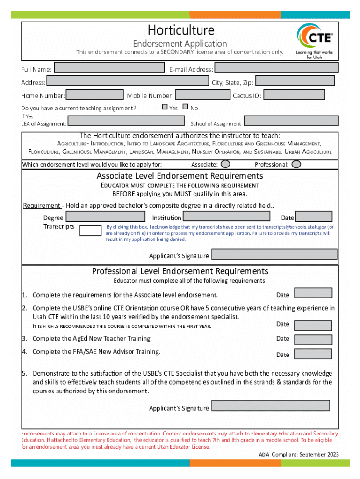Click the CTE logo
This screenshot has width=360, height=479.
tap(315, 40)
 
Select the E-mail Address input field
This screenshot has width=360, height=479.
tap(276, 68)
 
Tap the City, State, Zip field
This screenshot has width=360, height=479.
tap(295, 81)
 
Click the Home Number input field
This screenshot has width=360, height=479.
tap(95, 95)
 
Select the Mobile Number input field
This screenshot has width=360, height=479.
tap(202, 95)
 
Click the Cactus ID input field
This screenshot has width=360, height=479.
tap(294, 95)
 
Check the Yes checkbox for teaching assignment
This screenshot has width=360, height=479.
tap(165, 107)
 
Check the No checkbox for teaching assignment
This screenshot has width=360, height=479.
tap(186, 107)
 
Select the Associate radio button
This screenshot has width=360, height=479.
tap(225, 164)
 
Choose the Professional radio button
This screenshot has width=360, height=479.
tap(296, 164)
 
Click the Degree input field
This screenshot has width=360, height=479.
tap(106, 216)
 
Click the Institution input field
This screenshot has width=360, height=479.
tap(226, 216)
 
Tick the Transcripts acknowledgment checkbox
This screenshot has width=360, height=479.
tap(90, 230)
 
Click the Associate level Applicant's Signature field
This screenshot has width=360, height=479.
tap(274, 254)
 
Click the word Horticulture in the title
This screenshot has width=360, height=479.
tap(181, 30)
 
